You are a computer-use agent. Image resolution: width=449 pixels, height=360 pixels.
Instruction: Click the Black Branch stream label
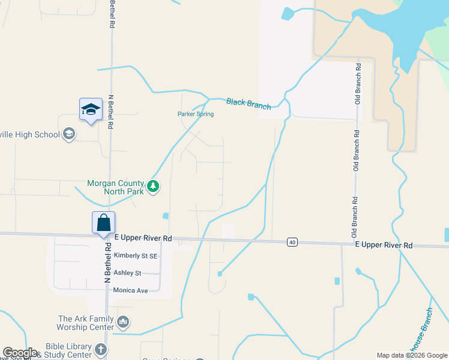pyautogui.click(x=248, y=103)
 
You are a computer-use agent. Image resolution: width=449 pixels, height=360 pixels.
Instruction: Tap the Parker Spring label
pyautogui.click(x=195, y=114)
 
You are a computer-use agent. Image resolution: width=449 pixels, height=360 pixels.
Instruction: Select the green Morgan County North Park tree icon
pyautogui.click(x=154, y=187)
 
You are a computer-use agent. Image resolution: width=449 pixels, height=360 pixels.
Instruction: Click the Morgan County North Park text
pyautogui.click(x=116, y=187)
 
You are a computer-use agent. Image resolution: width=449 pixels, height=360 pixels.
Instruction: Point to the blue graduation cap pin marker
pyautogui.click(x=91, y=109)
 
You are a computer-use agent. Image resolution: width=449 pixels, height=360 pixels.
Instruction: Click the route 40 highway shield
pyautogui.click(x=292, y=242)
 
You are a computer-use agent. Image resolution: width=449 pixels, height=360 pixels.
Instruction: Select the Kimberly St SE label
pyautogui.click(x=136, y=256)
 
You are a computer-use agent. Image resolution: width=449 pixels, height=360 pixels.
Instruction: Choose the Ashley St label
pyautogui.click(x=127, y=273)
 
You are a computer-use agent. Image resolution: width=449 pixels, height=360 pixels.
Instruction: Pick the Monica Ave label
pyautogui.click(x=130, y=290)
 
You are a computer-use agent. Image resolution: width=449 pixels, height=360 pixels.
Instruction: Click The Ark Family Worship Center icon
pyautogui.click(x=123, y=323)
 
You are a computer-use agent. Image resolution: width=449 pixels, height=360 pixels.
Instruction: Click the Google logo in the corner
pyautogui.click(x=20, y=353)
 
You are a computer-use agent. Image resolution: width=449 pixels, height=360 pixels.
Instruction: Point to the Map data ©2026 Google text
pyautogui.click(x=412, y=355)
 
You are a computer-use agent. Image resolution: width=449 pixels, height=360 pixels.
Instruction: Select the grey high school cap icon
pyautogui.click(x=69, y=134)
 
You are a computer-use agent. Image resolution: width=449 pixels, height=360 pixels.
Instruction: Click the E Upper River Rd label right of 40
pyautogui.click(x=384, y=245)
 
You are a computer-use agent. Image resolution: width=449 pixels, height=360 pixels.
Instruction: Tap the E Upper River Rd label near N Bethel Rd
pyautogui.click(x=143, y=238)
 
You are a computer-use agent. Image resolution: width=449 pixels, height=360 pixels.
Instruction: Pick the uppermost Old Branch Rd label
pyautogui.click(x=357, y=83)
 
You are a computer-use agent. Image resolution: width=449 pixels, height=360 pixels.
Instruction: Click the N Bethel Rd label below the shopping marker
pyautogui.click(x=109, y=263)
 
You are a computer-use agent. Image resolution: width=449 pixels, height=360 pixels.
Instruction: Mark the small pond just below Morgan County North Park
pyautogui.click(x=165, y=216)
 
